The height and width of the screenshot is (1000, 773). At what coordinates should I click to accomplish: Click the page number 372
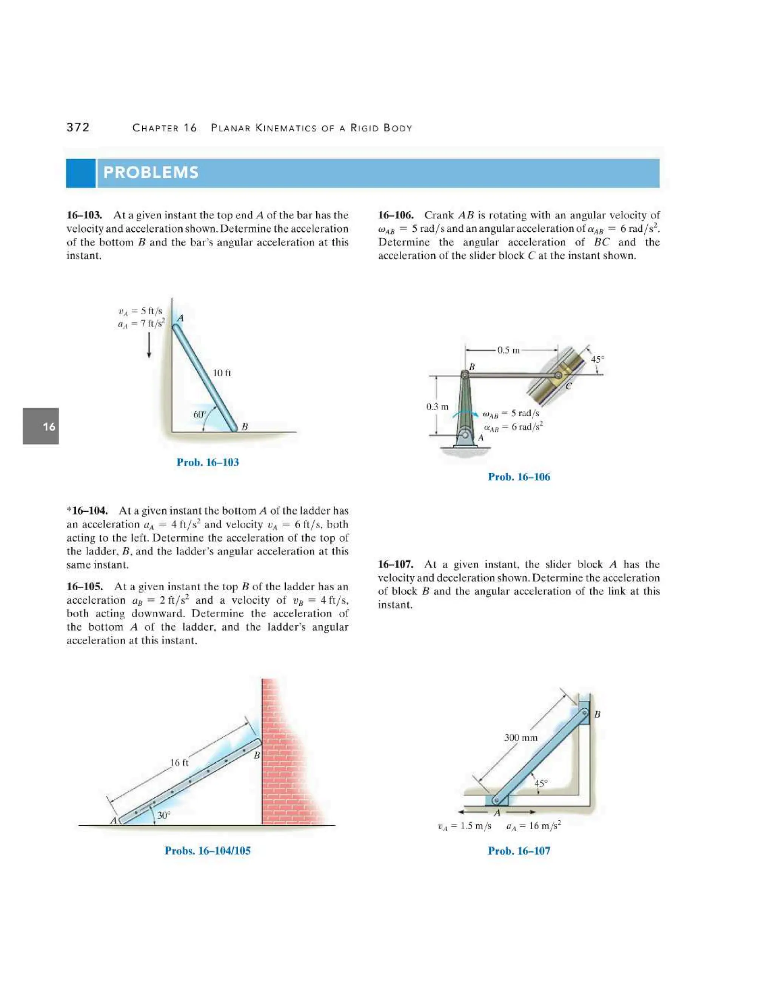pyautogui.click(x=78, y=127)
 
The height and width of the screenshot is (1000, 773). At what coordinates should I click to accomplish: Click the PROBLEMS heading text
pyautogui.click(x=151, y=172)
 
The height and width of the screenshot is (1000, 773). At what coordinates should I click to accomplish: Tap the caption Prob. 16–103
pyautogui.click(x=208, y=463)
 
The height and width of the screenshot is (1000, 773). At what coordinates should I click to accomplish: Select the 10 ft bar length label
pyautogui.click(x=222, y=373)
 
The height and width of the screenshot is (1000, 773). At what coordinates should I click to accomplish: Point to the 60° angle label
pyautogui.click(x=200, y=414)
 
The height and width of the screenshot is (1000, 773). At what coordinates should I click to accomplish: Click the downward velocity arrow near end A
pyautogui.click(x=149, y=346)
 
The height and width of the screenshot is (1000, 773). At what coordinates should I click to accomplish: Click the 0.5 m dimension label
pyautogui.click(x=508, y=350)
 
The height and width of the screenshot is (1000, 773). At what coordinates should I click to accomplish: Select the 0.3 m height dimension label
pyautogui.click(x=437, y=406)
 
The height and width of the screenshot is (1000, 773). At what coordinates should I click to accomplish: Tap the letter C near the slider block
pyautogui.click(x=568, y=386)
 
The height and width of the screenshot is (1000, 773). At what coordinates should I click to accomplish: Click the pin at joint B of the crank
pyautogui.click(x=464, y=375)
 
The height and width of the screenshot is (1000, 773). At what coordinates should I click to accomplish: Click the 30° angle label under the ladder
pyautogui.click(x=163, y=815)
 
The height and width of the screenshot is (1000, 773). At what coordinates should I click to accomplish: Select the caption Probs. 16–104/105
pyautogui.click(x=208, y=851)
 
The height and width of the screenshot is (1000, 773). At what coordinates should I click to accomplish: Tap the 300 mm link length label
pyautogui.click(x=520, y=738)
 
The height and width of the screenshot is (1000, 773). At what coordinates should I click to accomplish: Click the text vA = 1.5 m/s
pyautogui.click(x=464, y=826)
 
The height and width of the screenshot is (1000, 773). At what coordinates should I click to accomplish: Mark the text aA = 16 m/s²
pyautogui.click(x=533, y=826)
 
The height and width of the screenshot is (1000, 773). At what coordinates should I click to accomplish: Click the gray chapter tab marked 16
pyautogui.click(x=41, y=426)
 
